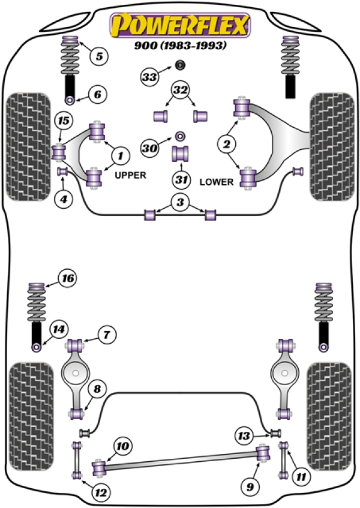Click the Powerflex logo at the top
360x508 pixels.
(179, 26)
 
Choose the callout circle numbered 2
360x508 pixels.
(227, 143)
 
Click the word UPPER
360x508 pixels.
(131, 175)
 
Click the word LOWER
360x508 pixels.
(216, 181)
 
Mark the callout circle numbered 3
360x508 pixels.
(179, 203)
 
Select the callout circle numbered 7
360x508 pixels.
(105, 334)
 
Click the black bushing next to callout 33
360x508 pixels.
(179, 65)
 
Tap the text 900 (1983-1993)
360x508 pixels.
(179, 45)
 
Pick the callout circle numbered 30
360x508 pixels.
(150, 147)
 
